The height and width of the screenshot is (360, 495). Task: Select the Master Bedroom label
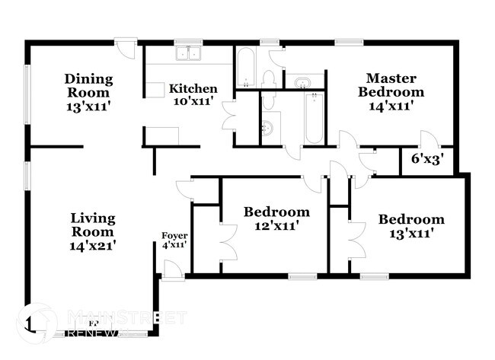coord(394,84)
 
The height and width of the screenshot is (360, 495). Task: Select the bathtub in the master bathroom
coord(314,118)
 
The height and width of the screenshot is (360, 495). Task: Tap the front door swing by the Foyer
coord(174,269)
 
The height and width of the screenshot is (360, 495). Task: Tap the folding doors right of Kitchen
coord(228,116)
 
